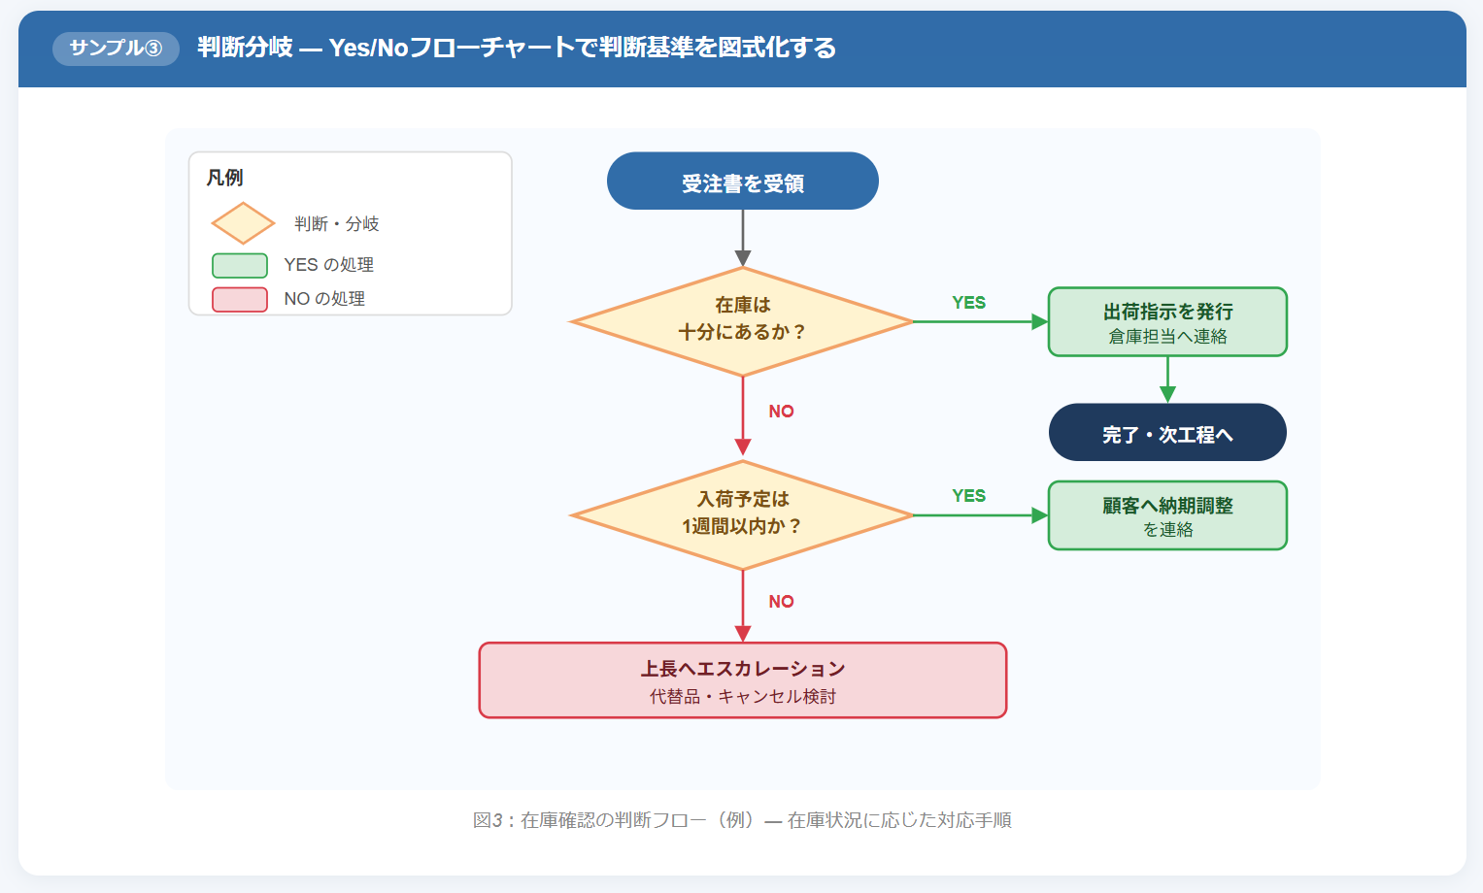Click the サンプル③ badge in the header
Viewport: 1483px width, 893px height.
click(x=116, y=49)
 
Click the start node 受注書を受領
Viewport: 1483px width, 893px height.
click(x=742, y=182)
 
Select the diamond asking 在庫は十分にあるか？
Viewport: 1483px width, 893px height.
click(x=742, y=320)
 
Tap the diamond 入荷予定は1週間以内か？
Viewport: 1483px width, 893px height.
click(x=742, y=514)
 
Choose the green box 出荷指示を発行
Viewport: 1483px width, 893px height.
click(x=1167, y=321)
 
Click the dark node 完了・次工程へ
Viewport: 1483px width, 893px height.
click(x=1167, y=433)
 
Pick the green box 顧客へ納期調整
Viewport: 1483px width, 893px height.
click(x=1167, y=515)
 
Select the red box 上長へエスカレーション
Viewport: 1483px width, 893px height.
click(x=742, y=679)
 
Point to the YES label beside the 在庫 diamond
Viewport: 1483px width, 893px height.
click(x=968, y=303)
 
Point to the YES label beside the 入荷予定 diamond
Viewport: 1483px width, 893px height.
click(x=968, y=496)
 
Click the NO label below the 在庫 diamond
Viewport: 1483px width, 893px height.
click(x=781, y=412)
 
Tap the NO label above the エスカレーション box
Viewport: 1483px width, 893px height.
click(x=781, y=602)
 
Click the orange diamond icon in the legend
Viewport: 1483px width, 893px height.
click(x=243, y=223)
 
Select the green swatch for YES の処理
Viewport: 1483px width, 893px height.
click(x=240, y=265)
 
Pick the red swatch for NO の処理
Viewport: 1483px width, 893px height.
click(x=240, y=299)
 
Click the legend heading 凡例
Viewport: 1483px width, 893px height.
click(x=224, y=178)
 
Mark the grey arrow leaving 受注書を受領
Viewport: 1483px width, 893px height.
click(x=743, y=237)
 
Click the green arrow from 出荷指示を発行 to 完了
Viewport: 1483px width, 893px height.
click(x=1167, y=379)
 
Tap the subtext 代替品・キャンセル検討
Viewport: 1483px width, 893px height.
click(x=742, y=697)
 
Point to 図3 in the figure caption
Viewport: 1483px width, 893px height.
click(x=488, y=820)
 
